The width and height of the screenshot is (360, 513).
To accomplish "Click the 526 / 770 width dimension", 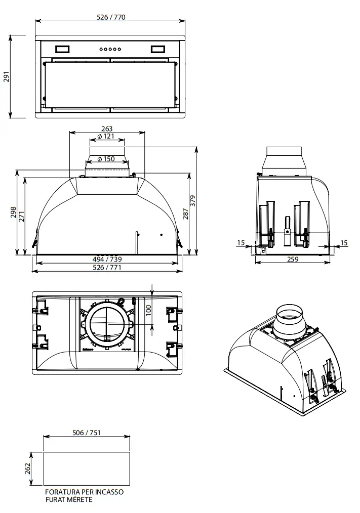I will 111,17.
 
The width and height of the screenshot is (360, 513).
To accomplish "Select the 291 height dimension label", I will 7,76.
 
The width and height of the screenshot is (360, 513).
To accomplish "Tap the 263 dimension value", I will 107,129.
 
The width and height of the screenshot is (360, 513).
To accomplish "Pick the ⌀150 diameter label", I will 106,159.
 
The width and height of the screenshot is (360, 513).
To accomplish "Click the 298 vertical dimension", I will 14,212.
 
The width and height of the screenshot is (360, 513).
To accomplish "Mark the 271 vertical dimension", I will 21,217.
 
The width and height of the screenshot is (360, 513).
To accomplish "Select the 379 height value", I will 192,200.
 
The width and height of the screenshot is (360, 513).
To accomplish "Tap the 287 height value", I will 185,214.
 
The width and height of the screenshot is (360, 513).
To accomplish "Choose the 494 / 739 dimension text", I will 107,260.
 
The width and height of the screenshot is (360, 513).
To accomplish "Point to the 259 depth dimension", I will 292,259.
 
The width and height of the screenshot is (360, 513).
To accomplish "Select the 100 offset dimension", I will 148,310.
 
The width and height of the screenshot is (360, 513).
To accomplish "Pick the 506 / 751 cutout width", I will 86,433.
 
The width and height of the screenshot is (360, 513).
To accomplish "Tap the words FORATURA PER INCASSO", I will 84,492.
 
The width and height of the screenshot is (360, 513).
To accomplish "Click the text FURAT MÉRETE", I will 69,499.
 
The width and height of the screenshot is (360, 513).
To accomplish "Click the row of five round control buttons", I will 110,49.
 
